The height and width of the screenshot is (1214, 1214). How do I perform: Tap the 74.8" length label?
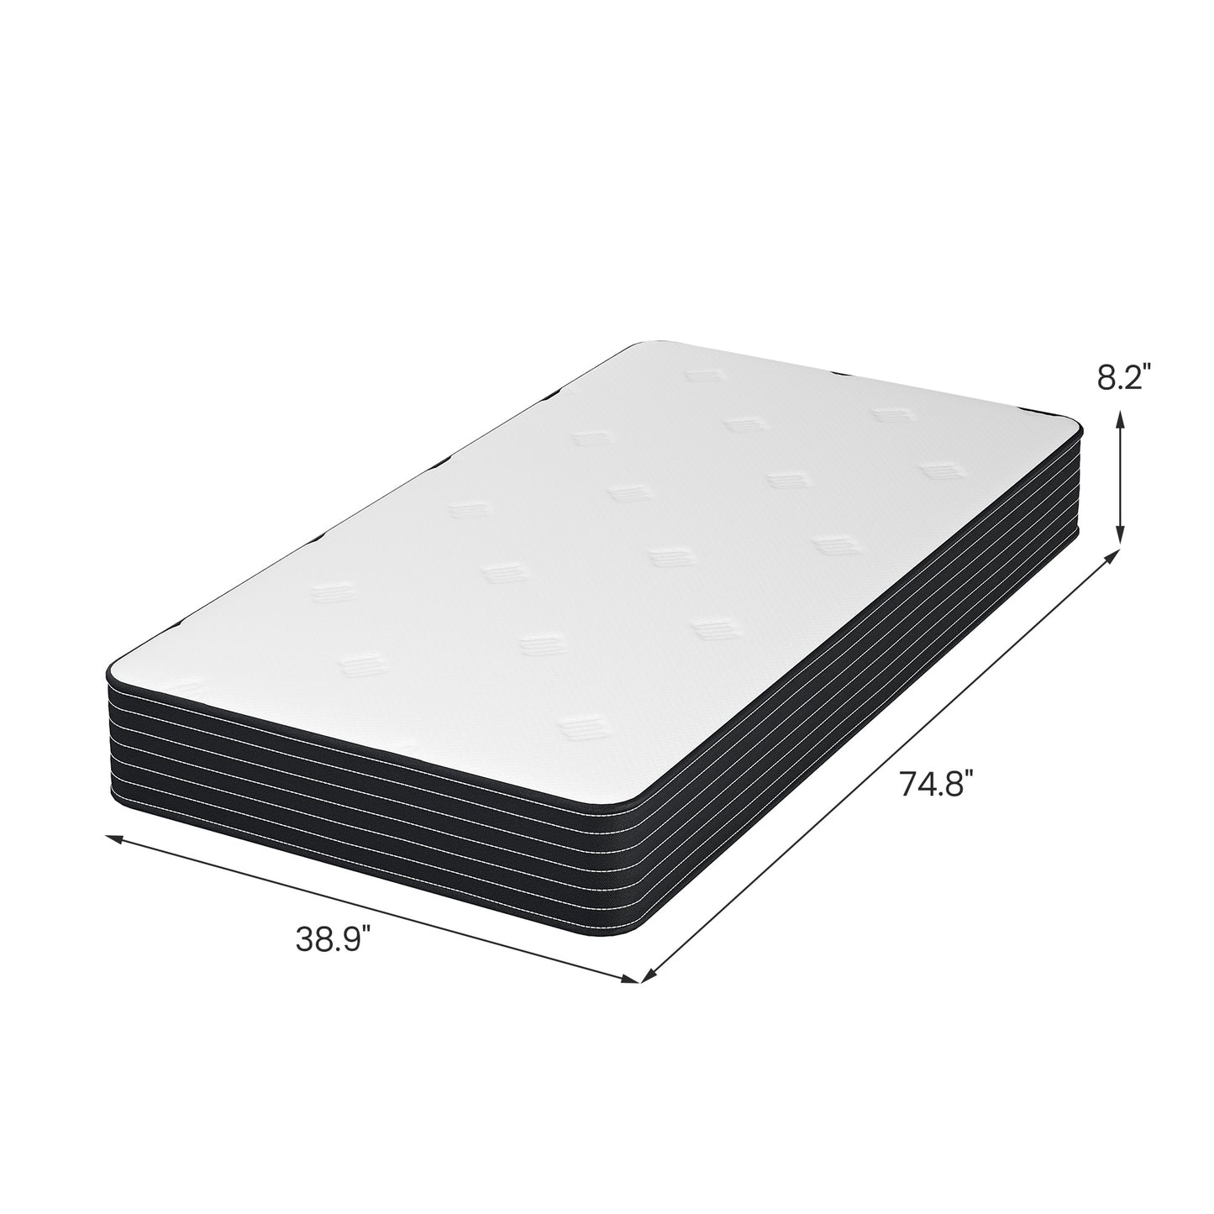936,786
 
